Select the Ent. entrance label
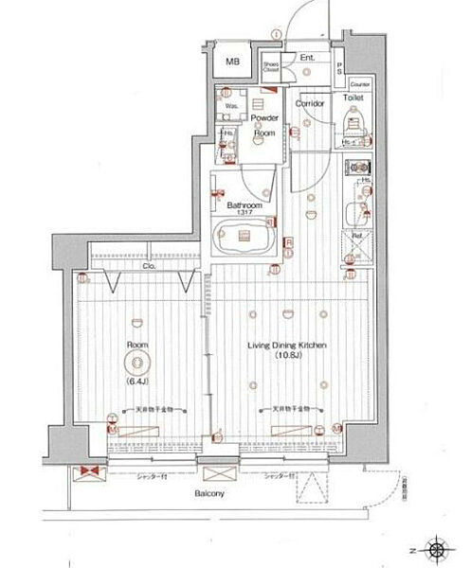click(307, 59)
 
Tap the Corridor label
click(310, 103)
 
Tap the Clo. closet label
click(149, 267)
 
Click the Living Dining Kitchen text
click(287, 346)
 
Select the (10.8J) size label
click(287, 357)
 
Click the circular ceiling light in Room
click(136, 363)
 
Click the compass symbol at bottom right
click(437, 548)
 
